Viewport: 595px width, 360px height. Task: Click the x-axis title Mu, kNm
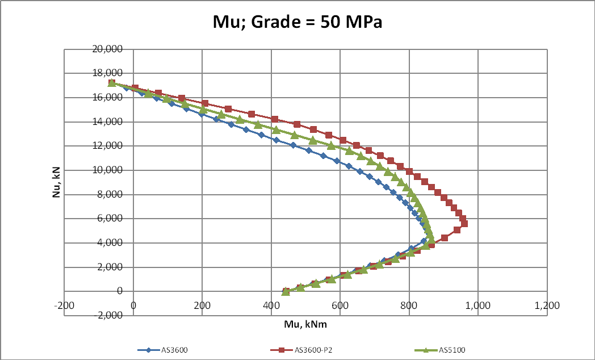tap(305, 325)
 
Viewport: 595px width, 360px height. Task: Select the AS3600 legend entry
tap(165, 350)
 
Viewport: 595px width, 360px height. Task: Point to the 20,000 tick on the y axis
tap(107, 49)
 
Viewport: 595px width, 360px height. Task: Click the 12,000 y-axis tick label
tap(107, 146)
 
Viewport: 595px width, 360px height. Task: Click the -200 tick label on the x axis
tap(64, 305)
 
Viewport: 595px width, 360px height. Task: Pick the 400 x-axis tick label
tap(271, 305)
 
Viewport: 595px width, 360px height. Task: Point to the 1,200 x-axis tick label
tap(547, 305)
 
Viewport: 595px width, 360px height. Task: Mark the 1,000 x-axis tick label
tap(478, 305)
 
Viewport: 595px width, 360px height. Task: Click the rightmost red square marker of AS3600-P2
tap(464, 224)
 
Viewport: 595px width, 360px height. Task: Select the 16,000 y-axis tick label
tap(107, 98)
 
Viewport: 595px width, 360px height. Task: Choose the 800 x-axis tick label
tap(409, 305)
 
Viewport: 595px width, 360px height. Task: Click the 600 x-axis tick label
tap(340, 305)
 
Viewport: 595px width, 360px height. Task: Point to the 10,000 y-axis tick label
tap(107, 170)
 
